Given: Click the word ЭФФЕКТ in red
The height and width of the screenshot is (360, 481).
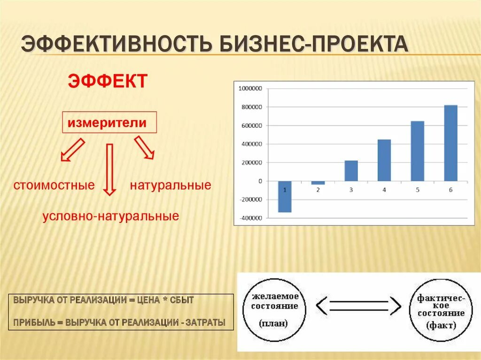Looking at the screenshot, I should click(x=108, y=81).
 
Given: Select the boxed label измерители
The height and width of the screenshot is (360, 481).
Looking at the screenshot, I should click(x=109, y=123).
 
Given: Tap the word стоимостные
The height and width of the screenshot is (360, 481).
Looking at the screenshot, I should click(x=54, y=185).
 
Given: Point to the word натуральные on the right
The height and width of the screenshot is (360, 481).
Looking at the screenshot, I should click(x=171, y=185).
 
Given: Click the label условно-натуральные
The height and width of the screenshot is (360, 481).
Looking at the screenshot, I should click(x=111, y=216).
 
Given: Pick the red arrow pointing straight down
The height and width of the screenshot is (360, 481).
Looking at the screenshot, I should click(x=109, y=169).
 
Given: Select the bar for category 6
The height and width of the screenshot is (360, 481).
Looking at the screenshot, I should click(x=450, y=143).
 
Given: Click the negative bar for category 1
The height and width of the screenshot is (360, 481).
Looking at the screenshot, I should click(x=285, y=196).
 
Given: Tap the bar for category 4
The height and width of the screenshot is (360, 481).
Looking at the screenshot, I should click(x=384, y=160).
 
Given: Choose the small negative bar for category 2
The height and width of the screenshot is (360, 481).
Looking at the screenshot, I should click(x=318, y=183).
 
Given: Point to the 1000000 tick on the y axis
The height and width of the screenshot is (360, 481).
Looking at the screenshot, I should click(x=251, y=88).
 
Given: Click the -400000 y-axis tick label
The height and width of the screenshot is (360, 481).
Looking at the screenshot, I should click(x=251, y=218).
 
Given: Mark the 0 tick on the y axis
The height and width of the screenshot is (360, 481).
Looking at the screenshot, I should click(x=260, y=181).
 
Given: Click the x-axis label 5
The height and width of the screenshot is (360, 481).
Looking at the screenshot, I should click(x=418, y=190).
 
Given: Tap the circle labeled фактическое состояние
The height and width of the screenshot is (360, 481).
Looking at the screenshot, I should click(x=441, y=310).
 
